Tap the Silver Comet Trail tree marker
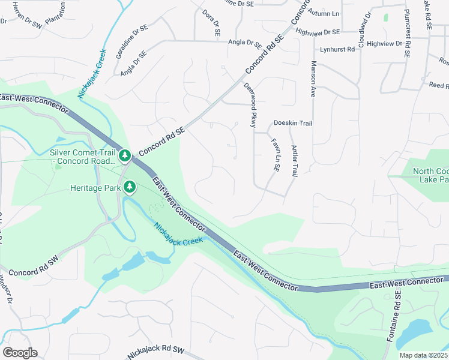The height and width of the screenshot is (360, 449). (124, 156)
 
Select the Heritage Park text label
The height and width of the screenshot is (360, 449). (95, 188)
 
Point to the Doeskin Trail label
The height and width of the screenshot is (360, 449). (293, 123)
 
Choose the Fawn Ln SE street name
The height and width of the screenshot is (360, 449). (276, 155)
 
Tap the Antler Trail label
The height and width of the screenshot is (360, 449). (294, 161)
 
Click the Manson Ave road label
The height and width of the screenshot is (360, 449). (313, 79)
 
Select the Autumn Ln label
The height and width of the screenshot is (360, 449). (323, 12)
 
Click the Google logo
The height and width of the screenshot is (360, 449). (20, 353)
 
